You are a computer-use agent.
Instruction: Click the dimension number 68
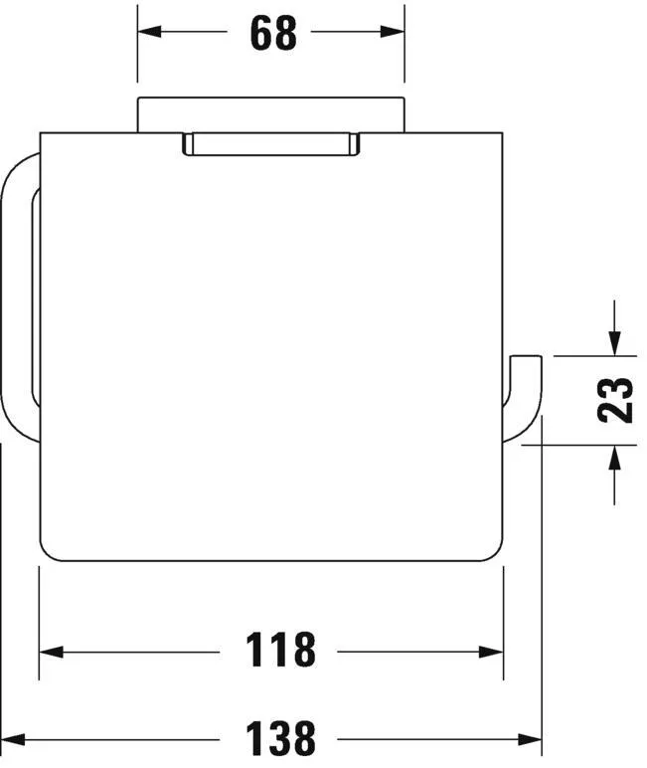(273, 33)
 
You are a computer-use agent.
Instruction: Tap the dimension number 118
(280, 650)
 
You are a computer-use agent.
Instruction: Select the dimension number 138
(280, 738)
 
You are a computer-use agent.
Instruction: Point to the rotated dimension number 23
(615, 400)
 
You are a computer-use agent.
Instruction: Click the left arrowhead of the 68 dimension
(149, 32)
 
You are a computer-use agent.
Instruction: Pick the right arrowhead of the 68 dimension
(393, 32)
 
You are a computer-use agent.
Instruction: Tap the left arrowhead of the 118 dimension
(52, 652)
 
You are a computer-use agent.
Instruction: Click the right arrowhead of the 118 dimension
(491, 652)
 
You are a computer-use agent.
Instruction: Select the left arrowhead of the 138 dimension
(13, 739)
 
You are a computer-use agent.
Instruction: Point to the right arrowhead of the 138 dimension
(530, 739)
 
